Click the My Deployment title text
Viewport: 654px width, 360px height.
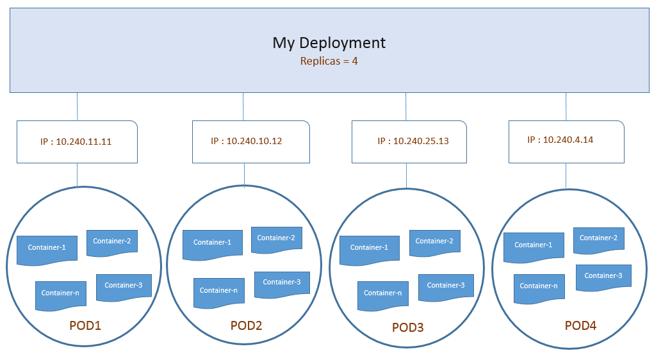(329, 43)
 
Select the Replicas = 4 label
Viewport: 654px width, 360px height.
(329, 61)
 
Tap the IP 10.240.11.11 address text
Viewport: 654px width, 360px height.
(76, 142)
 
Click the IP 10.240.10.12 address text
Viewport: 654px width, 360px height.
(247, 141)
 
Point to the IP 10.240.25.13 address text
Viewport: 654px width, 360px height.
(413, 141)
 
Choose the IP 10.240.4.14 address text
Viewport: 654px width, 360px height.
(560, 140)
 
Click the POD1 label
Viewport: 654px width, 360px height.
(85, 325)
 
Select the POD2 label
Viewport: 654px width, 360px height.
(246, 325)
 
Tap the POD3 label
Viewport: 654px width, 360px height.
(407, 327)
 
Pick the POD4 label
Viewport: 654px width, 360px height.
(580, 325)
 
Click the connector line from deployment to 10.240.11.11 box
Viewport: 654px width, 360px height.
(77, 107)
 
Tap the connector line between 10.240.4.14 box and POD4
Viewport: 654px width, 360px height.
(566, 176)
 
